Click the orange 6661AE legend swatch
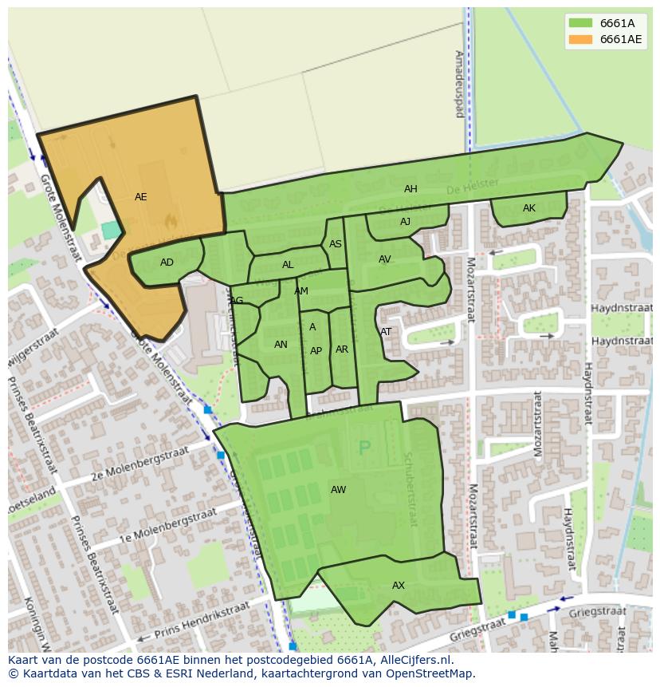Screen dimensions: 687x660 pyautogui.click(x=580, y=39)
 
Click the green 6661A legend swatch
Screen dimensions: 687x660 pyautogui.click(x=580, y=23)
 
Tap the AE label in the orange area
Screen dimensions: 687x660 pyautogui.click(x=141, y=197)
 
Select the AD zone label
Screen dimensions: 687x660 pyautogui.click(x=167, y=263)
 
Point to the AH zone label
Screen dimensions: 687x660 pyautogui.click(x=411, y=189)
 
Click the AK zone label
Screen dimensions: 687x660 pyautogui.click(x=529, y=208)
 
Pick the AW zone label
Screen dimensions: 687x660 pyautogui.click(x=339, y=490)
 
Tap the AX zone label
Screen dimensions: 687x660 pyautogui.click(x=399, y=586)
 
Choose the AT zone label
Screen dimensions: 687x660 pyautogui.click(x=386, y=332)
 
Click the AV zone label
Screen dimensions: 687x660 pyautogui.click(x=385, y=259)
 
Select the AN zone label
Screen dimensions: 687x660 pyautogui.click(x=281, y=345)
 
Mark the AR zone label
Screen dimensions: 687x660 pyautogui.click(x=342, y=349)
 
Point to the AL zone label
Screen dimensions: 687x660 pyautogui.click(x=288, y=265)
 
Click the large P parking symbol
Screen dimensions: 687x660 pyautogui.click(x=365, y=448)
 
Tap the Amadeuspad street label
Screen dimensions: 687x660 pyautogui.click(x=459, y=84)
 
